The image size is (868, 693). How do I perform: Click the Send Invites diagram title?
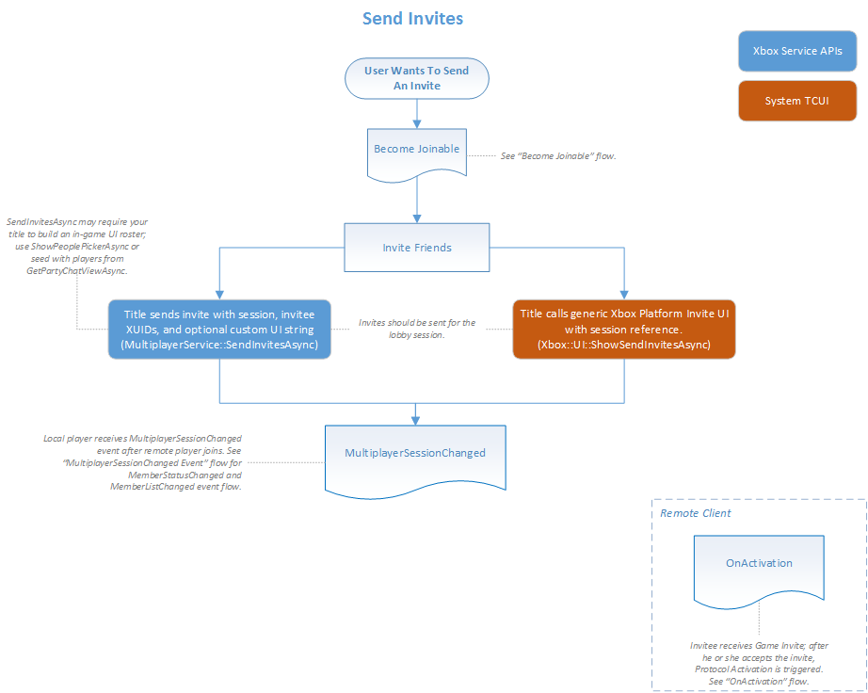(412, 19)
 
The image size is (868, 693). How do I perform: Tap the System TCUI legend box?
(796, 101)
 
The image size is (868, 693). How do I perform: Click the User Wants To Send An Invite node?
(416, 78)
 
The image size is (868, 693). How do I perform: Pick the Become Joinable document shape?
(416, 150)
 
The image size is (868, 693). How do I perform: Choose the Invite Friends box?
(416, 248)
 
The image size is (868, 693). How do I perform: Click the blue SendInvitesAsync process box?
(219, 330)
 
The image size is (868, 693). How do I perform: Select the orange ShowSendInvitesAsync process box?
(623, 330)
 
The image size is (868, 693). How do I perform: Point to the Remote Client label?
(695, 513)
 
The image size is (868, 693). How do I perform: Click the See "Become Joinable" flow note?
(557, 155)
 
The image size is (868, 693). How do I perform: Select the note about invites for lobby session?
(417, 329)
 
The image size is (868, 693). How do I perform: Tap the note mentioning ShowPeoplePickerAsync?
(76, 246)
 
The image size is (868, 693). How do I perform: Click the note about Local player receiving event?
(142, 462)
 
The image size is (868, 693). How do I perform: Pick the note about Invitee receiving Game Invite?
(759, 663)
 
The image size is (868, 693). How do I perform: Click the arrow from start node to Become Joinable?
(416, 112)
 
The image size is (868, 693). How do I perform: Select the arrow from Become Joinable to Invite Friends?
(416, 200)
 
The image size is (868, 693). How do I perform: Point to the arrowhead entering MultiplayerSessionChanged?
(416, 419)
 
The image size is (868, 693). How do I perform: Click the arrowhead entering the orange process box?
(623, 294)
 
